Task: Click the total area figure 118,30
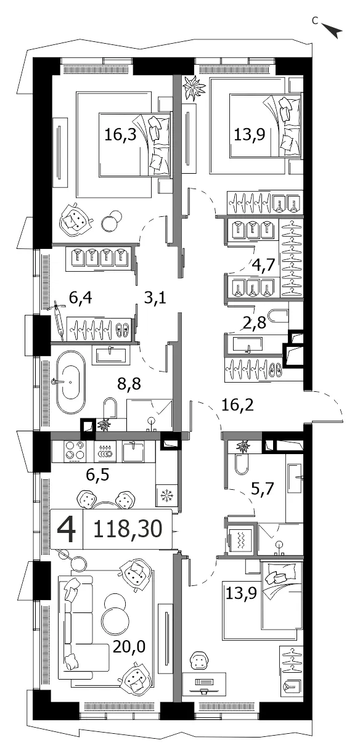click(128, 529)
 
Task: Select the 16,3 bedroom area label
click(120, 135)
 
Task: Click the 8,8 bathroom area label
click(129, 383)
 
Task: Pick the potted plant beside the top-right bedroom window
click(194, 87)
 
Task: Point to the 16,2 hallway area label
click(237, 405)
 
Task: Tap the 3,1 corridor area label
click(155, 298)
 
